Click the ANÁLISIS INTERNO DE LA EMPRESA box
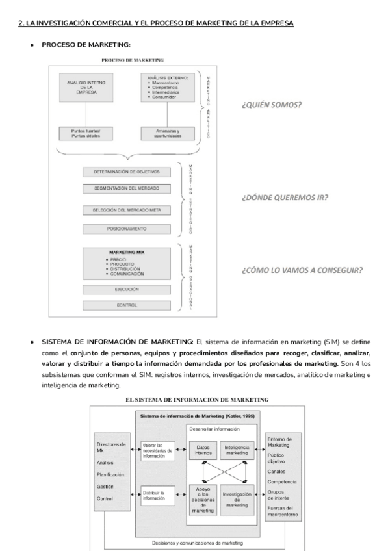(x=85, y=87)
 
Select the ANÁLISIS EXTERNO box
(x=169, y=87)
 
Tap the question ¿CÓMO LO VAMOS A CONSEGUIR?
(x=302, y=270)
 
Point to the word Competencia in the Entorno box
(x=281, y=481)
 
